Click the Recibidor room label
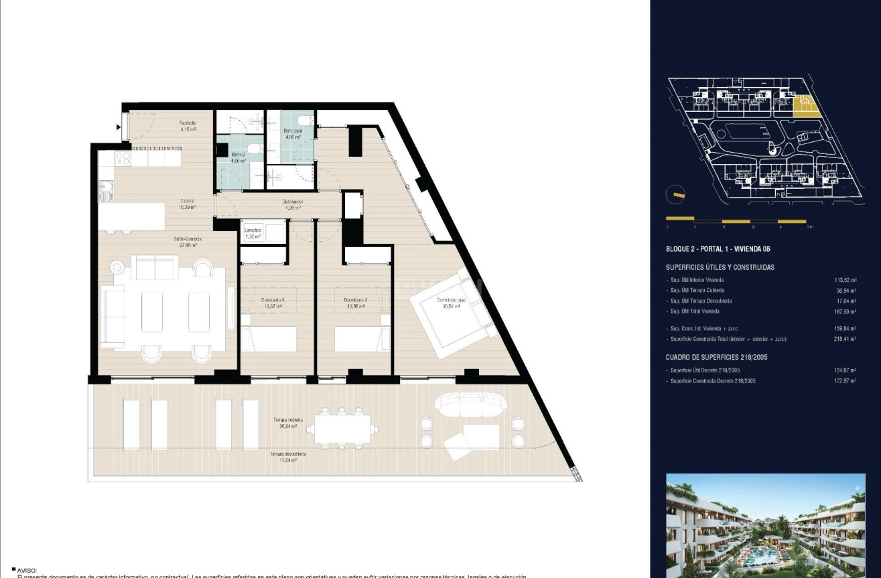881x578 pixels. [188, 125]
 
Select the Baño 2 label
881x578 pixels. [239, 157]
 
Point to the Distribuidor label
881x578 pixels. [293, 204]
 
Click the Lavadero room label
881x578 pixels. [252, 232]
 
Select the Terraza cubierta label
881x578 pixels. [287, 423]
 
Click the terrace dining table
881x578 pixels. [342, 429]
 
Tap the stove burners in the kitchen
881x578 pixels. [123, 159]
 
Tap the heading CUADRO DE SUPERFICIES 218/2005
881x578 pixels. [717, 357]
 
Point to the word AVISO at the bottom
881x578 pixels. [27, 570]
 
